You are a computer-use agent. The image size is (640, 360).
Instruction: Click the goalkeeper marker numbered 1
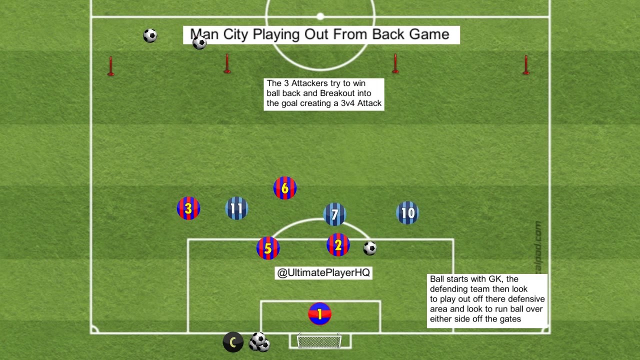tap(320, 314)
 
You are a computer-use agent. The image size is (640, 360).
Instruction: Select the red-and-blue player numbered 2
tap(338, 245)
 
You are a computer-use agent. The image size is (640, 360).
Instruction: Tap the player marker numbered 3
tap(188, 208)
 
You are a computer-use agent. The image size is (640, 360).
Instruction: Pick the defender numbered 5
tap(268, 248)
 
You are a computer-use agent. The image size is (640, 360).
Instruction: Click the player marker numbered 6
tap(285, 188)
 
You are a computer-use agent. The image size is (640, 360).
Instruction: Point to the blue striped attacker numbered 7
tap(335, 214)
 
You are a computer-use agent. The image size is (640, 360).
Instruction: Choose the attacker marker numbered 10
tap(407, 213)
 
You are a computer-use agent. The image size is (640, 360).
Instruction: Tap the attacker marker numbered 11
tap(237, 208)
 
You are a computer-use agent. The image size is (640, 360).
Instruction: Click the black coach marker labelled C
tap(233, 342)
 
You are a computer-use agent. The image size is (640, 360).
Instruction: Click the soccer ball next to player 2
tap(369, 248)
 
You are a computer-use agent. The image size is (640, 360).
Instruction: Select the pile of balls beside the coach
tap(259, 342)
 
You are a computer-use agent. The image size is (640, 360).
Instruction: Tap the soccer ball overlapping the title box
tap(199, 42)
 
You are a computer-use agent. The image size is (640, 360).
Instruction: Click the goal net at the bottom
tap(319, 342)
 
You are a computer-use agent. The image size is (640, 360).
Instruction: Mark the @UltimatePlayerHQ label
tap(323, 273)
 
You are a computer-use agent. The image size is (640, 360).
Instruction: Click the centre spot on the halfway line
tap(320, 17)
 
